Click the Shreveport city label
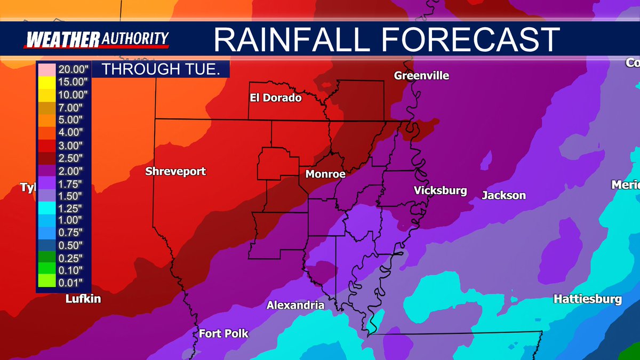pos(175,172)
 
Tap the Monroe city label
pos(325,174)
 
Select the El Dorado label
pos(276,98)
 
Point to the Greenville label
pos(421,76)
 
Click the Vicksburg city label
pos(440,191)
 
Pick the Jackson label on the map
pos(503,196)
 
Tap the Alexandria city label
pos(295,306)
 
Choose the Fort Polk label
pos(223,334)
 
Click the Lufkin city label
pos(83,299)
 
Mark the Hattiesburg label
pos(587,299)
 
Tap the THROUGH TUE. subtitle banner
pos(161,69)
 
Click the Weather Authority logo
pos(98,39)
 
